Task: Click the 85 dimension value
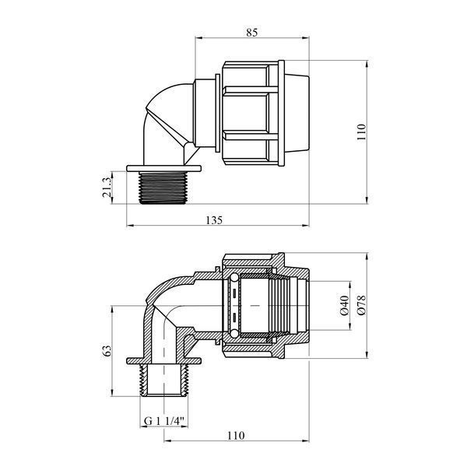point(251,32)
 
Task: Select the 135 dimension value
point(215,220)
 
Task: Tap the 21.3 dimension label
point(107,188)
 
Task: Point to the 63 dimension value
point(107,350)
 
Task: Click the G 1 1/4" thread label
point(164,421)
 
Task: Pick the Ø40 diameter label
point(344,306)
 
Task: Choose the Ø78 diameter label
point(362,305)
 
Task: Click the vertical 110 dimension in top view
point(361,132)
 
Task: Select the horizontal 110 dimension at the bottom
point(236,436)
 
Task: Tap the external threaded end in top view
point(163,188)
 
